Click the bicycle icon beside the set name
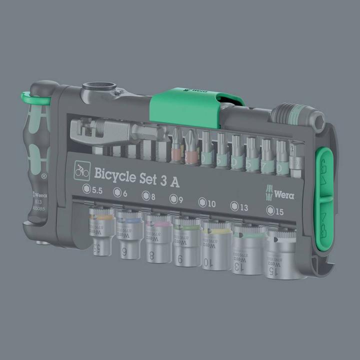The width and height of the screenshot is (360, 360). [81, 171]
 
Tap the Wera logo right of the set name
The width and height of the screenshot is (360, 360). [281, 192]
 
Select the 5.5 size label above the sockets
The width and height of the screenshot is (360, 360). [93, 189]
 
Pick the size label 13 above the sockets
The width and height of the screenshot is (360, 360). [238, 206]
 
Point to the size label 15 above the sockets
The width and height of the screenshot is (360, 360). [275, 210]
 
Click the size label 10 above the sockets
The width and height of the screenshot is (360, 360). [206, 202]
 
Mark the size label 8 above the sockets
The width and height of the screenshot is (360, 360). [148, 195]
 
